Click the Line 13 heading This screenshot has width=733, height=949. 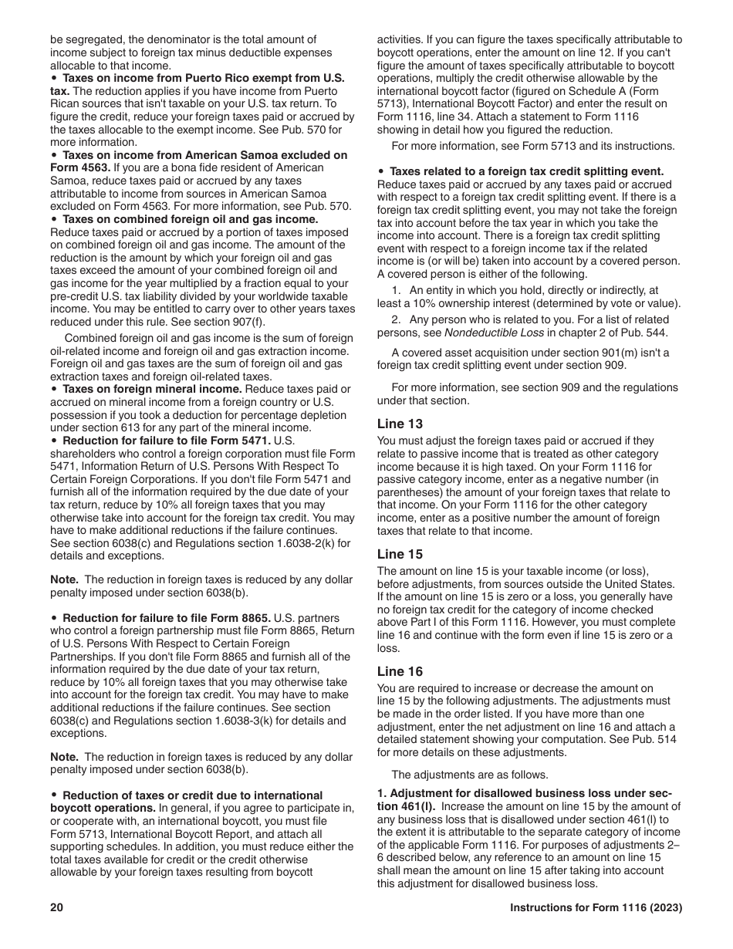click(400, 424)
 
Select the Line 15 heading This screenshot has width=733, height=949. click(400, 554)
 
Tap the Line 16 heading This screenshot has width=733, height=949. click(400, 671)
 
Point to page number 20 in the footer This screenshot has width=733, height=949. click(56, 908)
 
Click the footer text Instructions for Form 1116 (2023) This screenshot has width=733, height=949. click(596, 908)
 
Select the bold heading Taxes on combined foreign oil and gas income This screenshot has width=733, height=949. click(190, 219)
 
